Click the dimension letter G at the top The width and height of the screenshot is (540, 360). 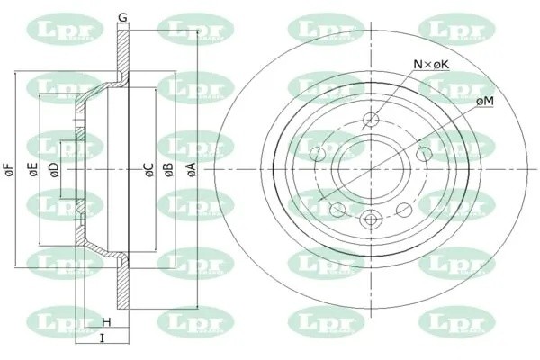click(x=122, y=17)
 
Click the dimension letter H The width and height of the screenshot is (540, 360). click(x=106, y=321)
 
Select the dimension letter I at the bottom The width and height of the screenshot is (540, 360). click(x=101, y=338)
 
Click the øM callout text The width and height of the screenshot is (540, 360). click(x=483, y=102)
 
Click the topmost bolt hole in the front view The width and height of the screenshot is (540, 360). click(x=372, y=122)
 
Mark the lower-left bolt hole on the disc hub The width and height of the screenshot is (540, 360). click(x=338, y=209)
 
